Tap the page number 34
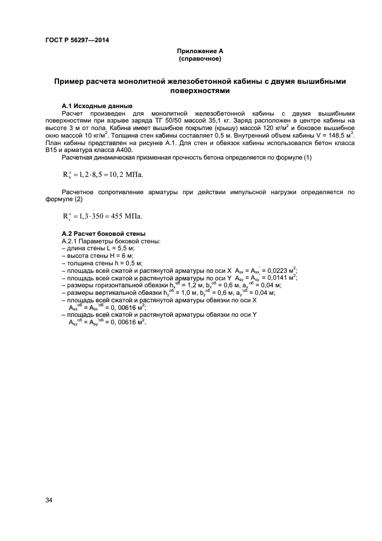[x=49, y=500]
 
